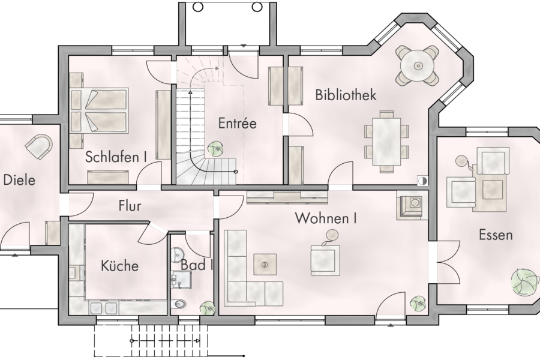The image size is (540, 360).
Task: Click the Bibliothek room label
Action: [x=346, y=95]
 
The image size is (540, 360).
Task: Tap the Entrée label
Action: [x=237, y=124]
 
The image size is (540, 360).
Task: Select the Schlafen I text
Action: [x=116, y=157]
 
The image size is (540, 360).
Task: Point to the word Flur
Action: [x=130, y=206]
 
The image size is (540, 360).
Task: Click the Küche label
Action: [x=119, y=266]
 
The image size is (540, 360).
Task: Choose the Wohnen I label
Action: [x=326, y=218]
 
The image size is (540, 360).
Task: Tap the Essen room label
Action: [x=496, y=235]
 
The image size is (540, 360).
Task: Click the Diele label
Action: [x=19, y=180]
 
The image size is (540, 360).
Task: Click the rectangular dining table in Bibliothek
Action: [x=386, y=140]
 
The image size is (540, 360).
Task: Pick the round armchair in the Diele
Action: [x=39, y=145]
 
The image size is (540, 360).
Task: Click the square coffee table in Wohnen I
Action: [x=265, y=263]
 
